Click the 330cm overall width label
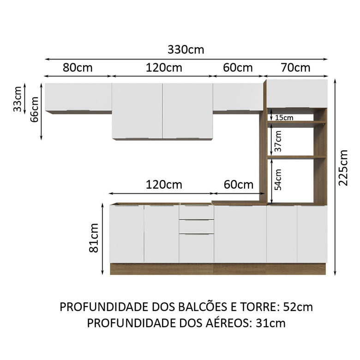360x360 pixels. [x=186, y=50]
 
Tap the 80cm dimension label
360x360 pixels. [x=78, y=68]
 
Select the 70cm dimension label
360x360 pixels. [x=295, y=68]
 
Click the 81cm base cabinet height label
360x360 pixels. [x=94, y=238]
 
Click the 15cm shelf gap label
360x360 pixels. [x=283, y=118]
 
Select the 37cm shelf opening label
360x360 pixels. [x=278, y=141]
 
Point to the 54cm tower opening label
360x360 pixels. [x=278, y=180]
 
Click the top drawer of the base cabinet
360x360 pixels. [x=196, y=212]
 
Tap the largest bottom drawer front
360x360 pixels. [x=196, y=248]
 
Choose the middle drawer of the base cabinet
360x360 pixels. [x=196, y=227]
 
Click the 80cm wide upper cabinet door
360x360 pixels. [x=78, y=96]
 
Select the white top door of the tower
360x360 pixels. [x=297, y=93]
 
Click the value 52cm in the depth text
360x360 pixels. [x=298, y=306]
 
